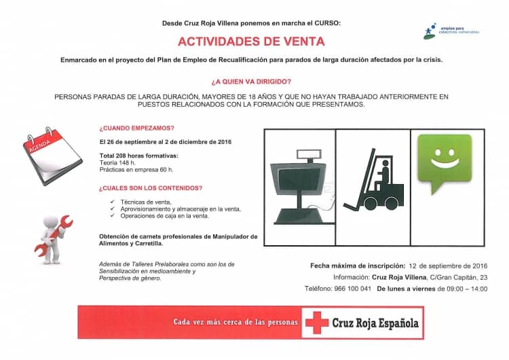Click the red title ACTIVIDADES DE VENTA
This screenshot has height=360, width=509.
[x=252, y=40]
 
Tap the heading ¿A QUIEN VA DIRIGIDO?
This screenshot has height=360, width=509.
[x=251, y=82]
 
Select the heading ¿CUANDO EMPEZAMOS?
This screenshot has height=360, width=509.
[x=136, y=128]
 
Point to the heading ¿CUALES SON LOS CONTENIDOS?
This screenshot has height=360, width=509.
[x=151, y=188]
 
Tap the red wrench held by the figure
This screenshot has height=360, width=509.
[x=58, y=225]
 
